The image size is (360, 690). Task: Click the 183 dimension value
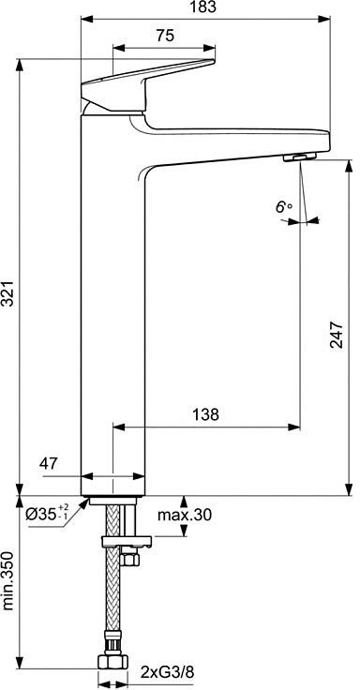coord(205,7)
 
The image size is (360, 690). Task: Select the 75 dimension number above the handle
coord(165,36)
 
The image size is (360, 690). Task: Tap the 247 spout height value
coord(337,335)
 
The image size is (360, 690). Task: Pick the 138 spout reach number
coord(205,414)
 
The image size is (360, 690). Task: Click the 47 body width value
coord(50,463)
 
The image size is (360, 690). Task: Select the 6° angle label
coord(284,207)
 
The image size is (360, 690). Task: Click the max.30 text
coord(185,514)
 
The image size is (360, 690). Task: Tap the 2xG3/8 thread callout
coord(167,672)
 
